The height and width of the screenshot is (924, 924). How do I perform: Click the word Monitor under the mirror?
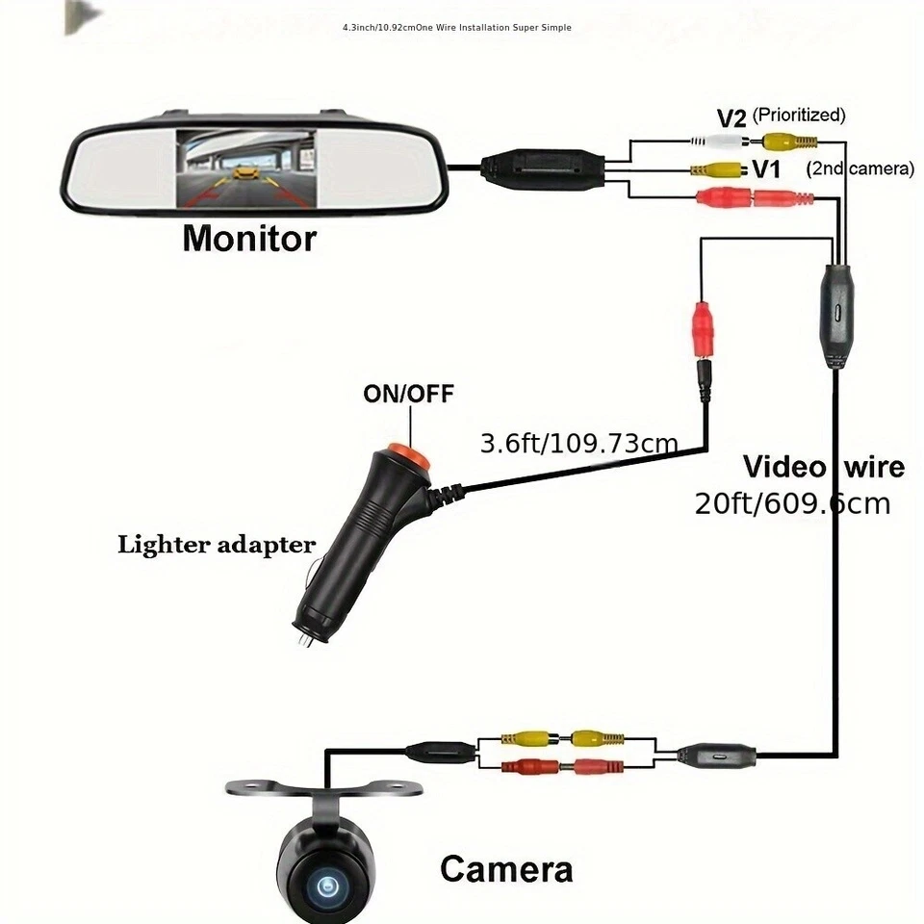(x=249, y=237)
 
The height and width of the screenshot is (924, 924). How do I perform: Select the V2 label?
(x=732, y=117)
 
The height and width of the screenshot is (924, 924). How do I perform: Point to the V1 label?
(x=765, y=169)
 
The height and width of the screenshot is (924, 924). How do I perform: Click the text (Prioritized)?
(x=799, y=115)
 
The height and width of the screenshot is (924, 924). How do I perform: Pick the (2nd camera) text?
(x=860, y=169)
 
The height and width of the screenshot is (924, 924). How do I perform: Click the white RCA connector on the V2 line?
(x=713, y=141)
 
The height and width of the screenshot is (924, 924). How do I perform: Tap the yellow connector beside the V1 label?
(x=716, y=170)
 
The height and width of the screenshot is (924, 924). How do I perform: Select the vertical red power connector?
(x=705, y=330)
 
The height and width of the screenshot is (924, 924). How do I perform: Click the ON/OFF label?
(x=408, y=394)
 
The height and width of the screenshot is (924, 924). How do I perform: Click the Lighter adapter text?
(x=217, y=545)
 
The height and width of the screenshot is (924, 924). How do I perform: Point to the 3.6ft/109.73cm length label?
(x=579, y=444)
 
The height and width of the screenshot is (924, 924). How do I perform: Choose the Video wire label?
(x=824, y=467)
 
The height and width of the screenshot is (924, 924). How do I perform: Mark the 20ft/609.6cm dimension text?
(x=792, y=502)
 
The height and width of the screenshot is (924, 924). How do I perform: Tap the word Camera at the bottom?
(x=506, y=869)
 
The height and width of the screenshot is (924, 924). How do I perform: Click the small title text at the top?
(x=457, y=28)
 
